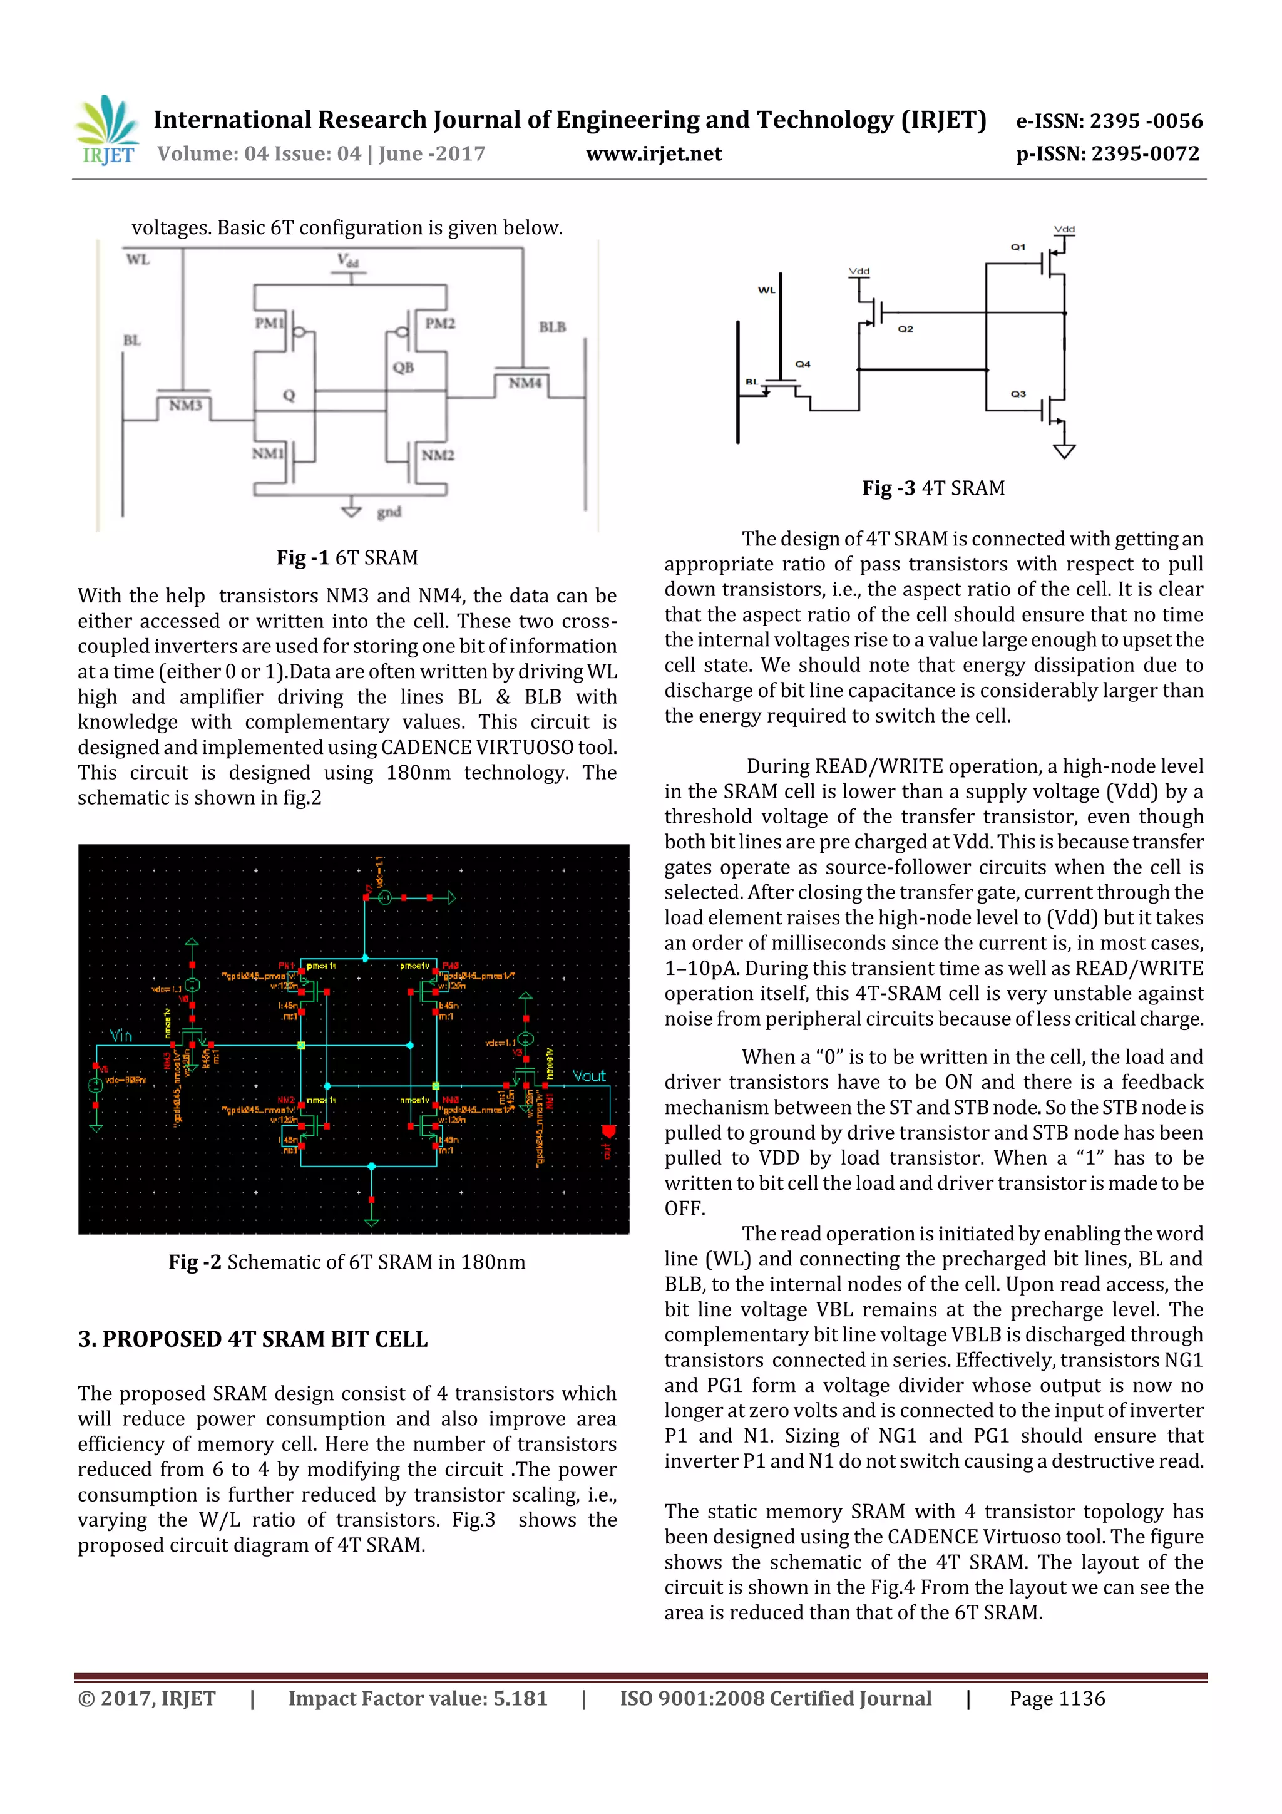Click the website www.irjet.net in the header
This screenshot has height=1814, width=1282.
pyautogui.click(x=654, y=154)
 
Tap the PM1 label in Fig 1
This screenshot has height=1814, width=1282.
pyautogui.click(x=269, y=323)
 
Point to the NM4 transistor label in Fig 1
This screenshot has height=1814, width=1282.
pyautogui.click(x=525, y=383)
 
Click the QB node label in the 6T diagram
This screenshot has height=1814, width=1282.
pyautogui.click(x=403, y=368)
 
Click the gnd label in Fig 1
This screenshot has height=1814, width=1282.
pyautogui.click(x=389, y=512)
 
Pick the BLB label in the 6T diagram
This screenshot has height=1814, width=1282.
pyautogui.click(x=552, y=327)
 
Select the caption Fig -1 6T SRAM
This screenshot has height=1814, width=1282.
pyautogui.click(x=347, y=558)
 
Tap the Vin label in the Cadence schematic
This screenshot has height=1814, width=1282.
pyautogui.click(x=121, y=1036)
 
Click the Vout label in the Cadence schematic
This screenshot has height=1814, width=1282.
pyautogui.click(x=588, y=1076)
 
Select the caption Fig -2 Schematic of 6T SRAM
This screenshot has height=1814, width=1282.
pyautogui.click(x=347, y=1262)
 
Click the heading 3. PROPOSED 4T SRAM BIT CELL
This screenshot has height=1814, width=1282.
pyautogui.click(x=253, y=1339)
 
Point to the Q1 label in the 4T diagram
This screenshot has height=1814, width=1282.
pyautogui.click(x=1018, y=247)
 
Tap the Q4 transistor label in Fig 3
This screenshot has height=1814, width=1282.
pyautogui.click(x=803, y=364)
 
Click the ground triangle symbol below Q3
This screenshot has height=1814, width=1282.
pyautogui.click(x=1064, y=451)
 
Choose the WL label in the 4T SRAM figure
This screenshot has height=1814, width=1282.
pyautogui.click(x=766, y=291)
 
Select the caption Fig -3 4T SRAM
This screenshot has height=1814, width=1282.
pyautogui.click(x=933, y=488)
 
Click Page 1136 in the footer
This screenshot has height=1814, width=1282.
pyautogui.click(x=1057, y=1699)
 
